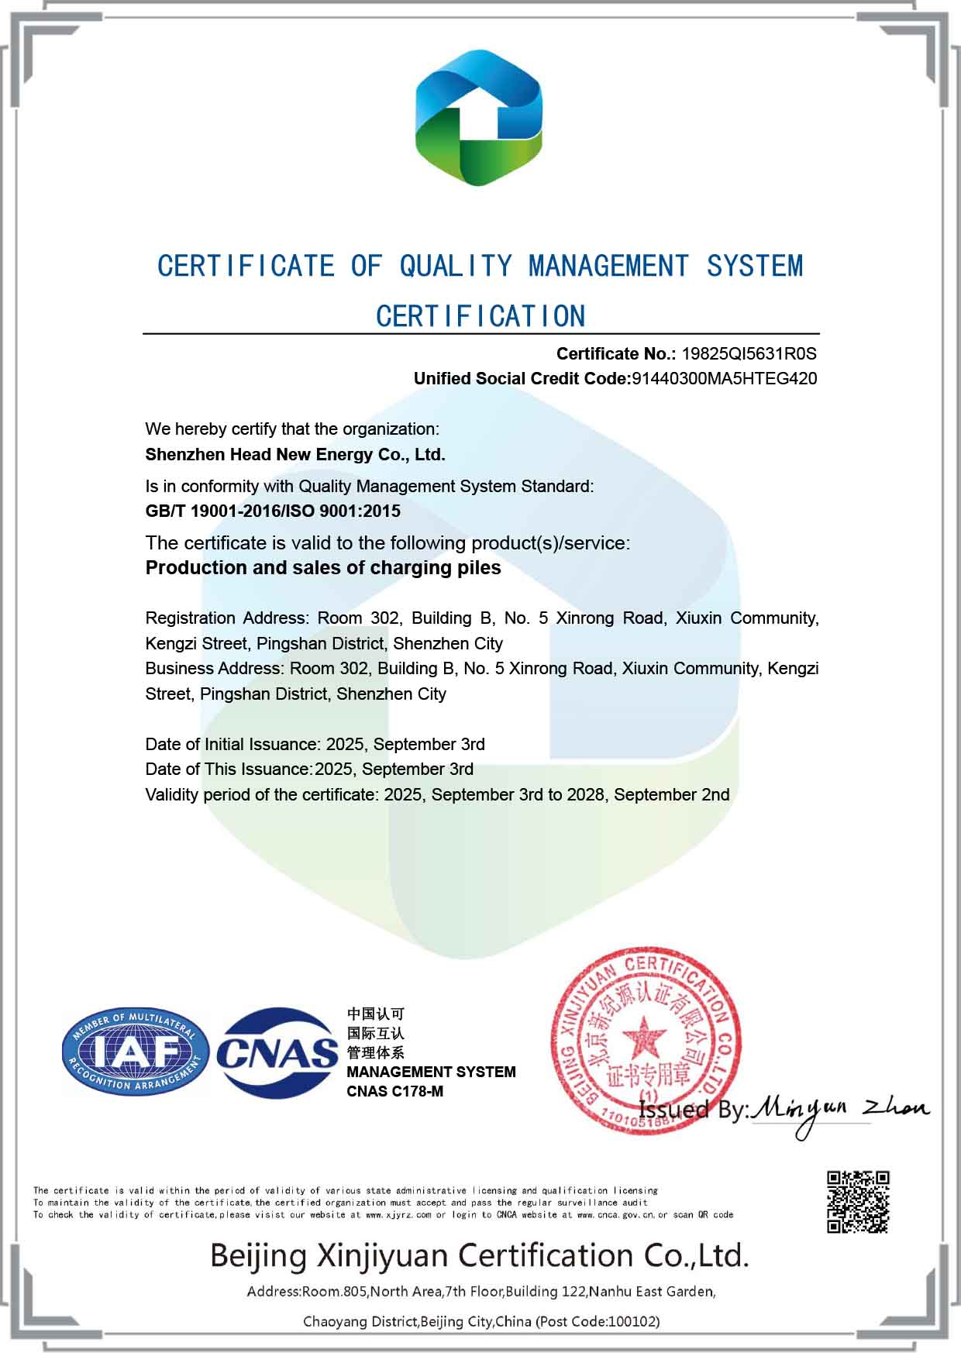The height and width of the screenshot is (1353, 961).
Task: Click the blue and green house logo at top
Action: pos(479,118)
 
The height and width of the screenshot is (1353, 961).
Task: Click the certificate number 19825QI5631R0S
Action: pos(749,354)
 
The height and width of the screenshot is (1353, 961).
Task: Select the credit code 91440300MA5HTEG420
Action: pos(725,379)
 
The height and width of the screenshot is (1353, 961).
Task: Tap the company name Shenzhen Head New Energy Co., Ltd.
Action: pos(295,455)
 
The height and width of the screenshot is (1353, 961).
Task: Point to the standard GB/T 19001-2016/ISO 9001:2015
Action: pos(273,511)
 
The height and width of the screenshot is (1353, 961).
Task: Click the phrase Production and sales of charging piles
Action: pos(323,568)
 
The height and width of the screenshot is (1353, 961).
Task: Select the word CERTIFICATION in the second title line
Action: pos(480,316)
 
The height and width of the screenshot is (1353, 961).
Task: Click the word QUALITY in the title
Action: pos(455,267)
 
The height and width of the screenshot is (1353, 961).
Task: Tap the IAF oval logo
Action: pos(136,1052)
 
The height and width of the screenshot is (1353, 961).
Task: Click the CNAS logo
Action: pos(277,1052)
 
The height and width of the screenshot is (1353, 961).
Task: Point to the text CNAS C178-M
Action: pos(394,1092)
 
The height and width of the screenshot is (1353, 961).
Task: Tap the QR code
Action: pos(857,1201)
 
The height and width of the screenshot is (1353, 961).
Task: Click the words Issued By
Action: pos(693,1110)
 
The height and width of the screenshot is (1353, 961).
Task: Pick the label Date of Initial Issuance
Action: pos(232,745)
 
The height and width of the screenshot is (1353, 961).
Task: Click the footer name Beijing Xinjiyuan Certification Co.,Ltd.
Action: pos(479,1255)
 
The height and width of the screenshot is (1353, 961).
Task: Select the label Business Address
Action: pos(212,669)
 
